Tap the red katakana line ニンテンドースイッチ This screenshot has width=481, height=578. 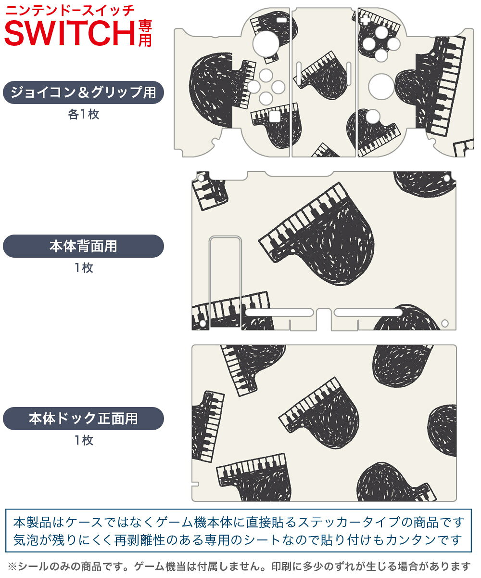[70, 11]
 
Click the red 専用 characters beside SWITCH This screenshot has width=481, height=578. [145, 33]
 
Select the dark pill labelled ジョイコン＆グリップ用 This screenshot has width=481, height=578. [83, 92]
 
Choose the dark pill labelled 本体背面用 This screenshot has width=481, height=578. [83, 246]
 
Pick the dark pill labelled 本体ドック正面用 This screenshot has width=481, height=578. [83, 418]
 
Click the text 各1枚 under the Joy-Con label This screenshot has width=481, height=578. [84, 114]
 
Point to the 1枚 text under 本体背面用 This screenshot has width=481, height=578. [84, 268]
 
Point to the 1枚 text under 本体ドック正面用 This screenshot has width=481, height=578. [84, 440]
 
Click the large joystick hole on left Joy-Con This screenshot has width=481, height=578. [266, 44]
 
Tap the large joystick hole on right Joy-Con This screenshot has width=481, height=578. [381, 86]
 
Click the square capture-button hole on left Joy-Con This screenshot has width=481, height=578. [275, 117]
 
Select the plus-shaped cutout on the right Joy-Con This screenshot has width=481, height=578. [365, 19]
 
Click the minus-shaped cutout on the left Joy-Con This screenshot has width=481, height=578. [281, 20]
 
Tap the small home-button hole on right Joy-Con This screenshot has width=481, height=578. [373, 116]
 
